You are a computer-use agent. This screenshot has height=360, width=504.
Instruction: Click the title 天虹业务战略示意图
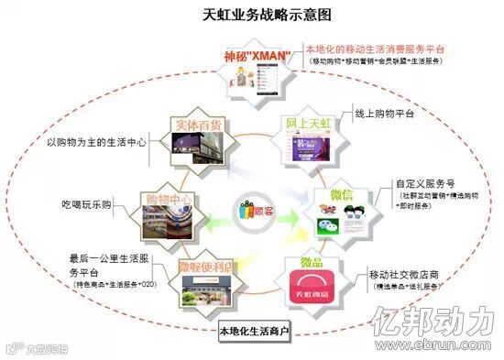[x=252, y=15]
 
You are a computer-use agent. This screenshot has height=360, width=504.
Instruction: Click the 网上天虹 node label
[x=307, y=125]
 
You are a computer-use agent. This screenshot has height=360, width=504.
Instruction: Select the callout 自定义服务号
[x=400, y=183]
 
